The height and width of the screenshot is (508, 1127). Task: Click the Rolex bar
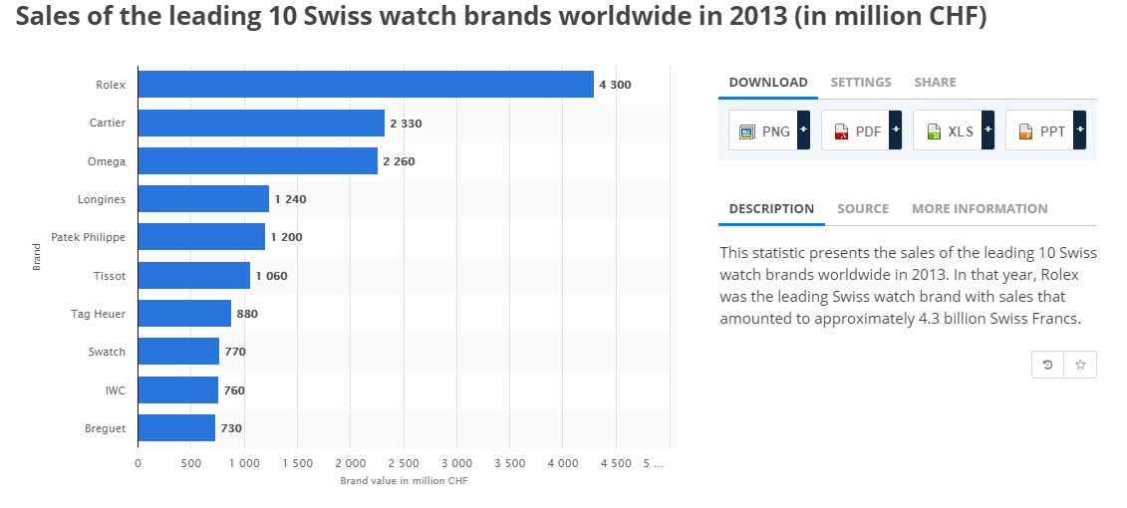point(365,85)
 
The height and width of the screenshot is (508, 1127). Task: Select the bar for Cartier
point(261,124)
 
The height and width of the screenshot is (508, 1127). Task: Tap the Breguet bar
point(176,428)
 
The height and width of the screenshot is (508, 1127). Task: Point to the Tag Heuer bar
point(184,314)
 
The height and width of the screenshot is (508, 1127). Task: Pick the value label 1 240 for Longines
point(290,199)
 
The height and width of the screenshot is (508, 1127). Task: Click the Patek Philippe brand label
point(88,238)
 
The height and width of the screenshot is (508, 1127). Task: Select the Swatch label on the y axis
point(107,352)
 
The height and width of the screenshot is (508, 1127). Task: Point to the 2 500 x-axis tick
point(403,463)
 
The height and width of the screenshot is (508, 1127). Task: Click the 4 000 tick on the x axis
point(562,463)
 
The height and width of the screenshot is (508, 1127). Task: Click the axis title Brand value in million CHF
point(403,481)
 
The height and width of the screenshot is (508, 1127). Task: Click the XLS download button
point(953,131)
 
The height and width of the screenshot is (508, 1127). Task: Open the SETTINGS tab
point(861,83)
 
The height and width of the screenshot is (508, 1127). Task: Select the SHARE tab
point(935,83)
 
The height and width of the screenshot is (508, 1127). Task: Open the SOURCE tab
point(863,209)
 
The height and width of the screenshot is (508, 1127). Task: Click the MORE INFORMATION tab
point(980,209)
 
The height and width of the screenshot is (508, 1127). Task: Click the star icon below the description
point(1080,366)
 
